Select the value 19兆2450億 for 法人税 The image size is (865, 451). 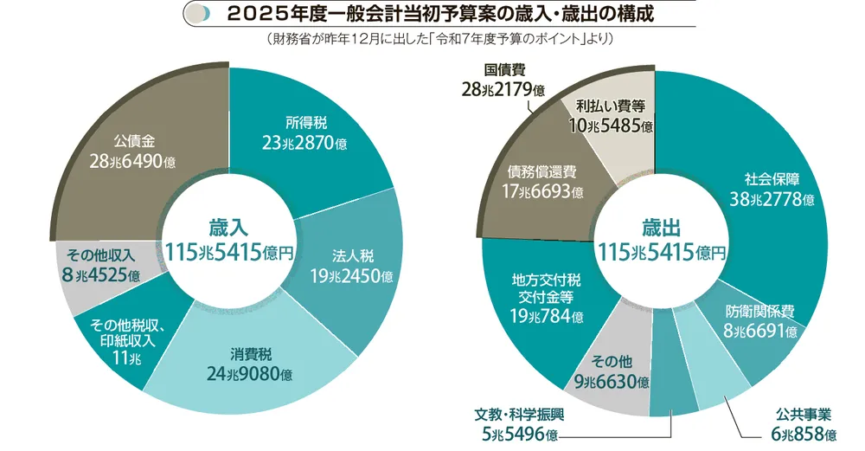(x=352, y=276)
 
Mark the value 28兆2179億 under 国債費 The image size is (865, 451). (x=503, y=89)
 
